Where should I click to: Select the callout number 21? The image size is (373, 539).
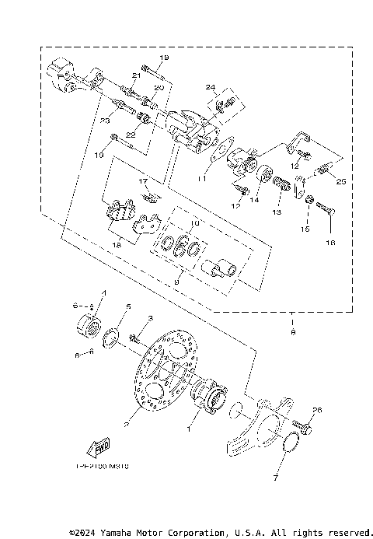(x=135, y=75)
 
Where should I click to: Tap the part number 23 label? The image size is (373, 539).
(x=106, y=120)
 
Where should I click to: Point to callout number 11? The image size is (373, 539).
(x=201, y=178)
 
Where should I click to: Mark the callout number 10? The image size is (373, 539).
(x=195, y=224)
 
